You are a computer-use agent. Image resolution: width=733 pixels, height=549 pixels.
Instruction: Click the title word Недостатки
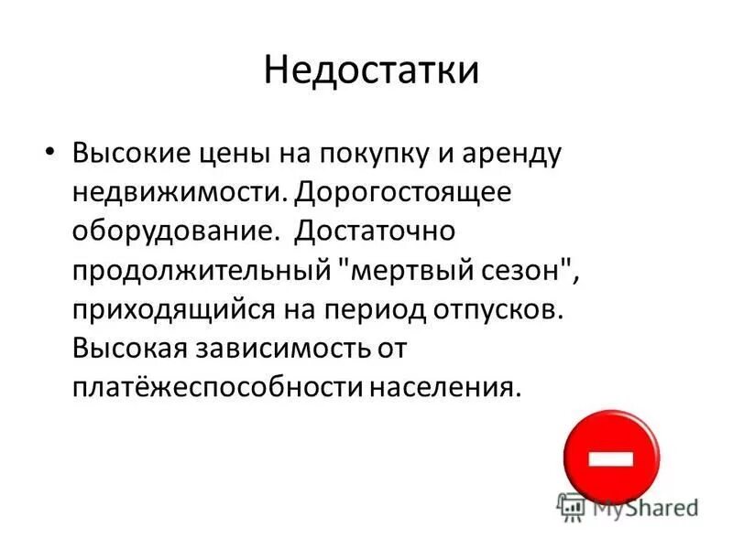pyautogui.click(x=371, y=71)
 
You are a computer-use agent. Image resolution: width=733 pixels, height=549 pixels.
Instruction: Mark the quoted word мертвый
pyautogui.click(x=407, y=271)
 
